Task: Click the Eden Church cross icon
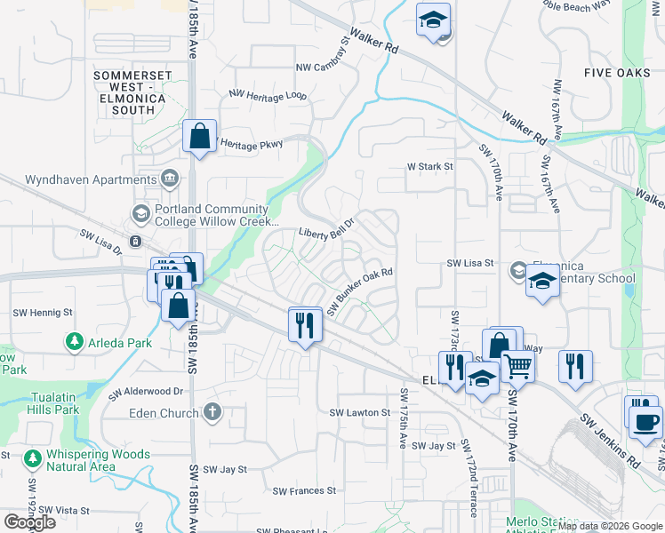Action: coord(211,412)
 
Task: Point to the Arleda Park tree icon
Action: coord(74,342)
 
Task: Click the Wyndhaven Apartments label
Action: coord(78,179)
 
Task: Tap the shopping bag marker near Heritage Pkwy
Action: coord(199,138)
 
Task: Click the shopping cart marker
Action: coord(517,364)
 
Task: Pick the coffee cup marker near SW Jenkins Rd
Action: coord(645,420)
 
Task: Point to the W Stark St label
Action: coord(430,166)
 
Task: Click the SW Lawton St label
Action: coord(360,413)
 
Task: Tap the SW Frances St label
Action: coord(304,490)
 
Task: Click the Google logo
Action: coord(29,522)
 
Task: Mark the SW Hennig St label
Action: coord(43,313)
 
